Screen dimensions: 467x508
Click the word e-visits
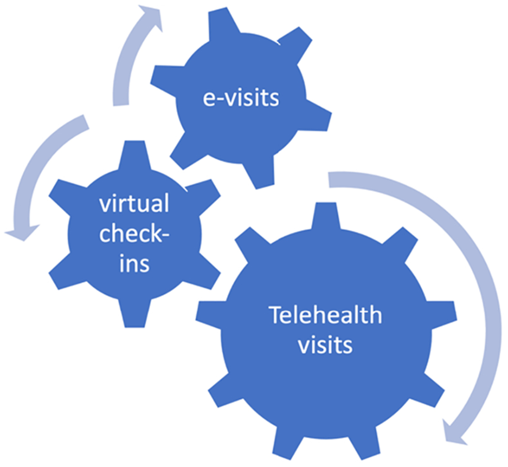pos(241,98)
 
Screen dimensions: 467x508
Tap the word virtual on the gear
pos(134,205)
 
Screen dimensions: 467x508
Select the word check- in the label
pos(134,235)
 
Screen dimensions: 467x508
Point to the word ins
pos(134,264)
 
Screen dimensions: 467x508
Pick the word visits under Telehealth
pos(325,344)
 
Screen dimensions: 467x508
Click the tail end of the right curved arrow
pos(333,179)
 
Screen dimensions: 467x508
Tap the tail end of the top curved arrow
pos(121,101)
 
